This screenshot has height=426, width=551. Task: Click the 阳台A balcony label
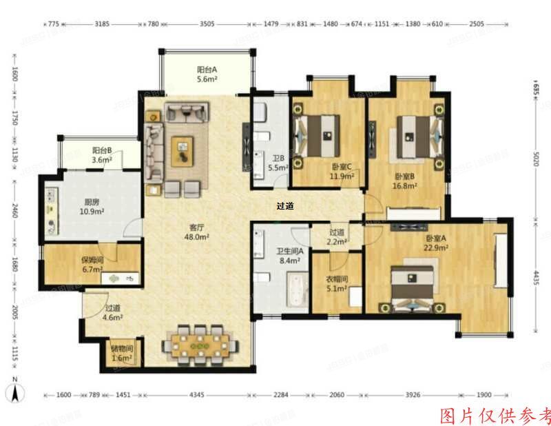click(x=207, y=74)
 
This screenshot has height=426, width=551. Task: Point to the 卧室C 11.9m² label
click(x=342, y=171)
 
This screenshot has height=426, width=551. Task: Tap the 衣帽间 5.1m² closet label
click(x=337, y=283)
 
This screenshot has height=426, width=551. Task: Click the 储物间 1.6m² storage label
click(x=122, y=354)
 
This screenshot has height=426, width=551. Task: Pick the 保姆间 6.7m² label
click(x=92, y=265)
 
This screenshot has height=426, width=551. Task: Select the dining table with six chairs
click(x=201, y=342)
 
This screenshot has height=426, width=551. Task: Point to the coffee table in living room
click(x=183, y=149)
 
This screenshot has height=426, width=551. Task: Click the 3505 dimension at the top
click(x=207, y=24)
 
